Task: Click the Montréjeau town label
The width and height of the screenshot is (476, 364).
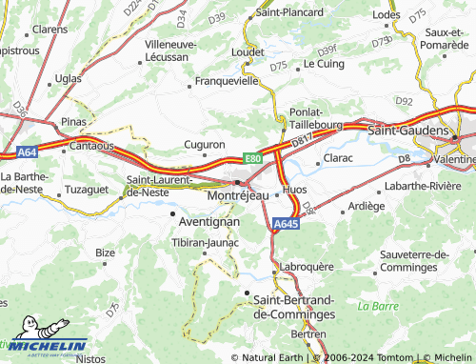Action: pyautogui.click(x=238, y=194)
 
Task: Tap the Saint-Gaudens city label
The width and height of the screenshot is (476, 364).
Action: pyautogui.click(x=407, y=128)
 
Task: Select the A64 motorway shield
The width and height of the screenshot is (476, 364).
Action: pyautogui.click(x=26, y=152)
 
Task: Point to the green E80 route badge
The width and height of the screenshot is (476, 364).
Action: pyautogui.click(x=252, y=158)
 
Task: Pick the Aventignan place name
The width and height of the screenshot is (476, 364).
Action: pyautogui.click(x=208, y=220)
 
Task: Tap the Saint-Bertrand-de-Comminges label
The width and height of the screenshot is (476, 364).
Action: pyautogui.click(x=295, y=306)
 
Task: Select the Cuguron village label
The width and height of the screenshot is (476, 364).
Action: pyautogui.click(x=204, y=145)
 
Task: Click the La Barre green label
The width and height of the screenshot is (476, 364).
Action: pyautogui.click(x=377, y=306)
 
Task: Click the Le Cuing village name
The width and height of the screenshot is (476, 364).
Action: pyautogui.click(x=323, y=64)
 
